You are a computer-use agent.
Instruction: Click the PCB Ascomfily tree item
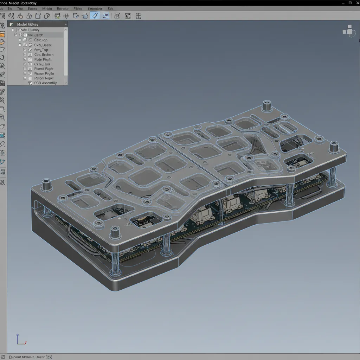click(45, 83)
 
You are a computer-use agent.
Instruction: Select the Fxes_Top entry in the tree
click(41, 50)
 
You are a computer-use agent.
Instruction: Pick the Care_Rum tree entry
click(42, 64)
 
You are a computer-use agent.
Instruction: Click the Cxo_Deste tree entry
click(43, 45)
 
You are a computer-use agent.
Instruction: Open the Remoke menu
click(63, 8)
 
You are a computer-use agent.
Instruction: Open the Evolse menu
click(32, 8)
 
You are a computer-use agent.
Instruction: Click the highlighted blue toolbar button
click(95, 15)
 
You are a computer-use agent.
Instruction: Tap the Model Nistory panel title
click(28, 24)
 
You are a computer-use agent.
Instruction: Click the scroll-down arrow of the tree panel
click(65, 83)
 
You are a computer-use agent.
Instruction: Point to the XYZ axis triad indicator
click(20, 340)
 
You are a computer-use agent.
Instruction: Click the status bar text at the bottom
click(31, 357)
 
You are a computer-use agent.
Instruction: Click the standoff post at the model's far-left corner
click(47, 184)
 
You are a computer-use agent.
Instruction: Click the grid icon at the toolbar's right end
click(139, 15)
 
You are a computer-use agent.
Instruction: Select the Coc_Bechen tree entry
click(44, 55)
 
